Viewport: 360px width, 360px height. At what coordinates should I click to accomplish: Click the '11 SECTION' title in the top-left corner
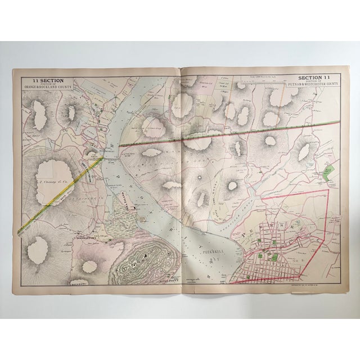(40, 80)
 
